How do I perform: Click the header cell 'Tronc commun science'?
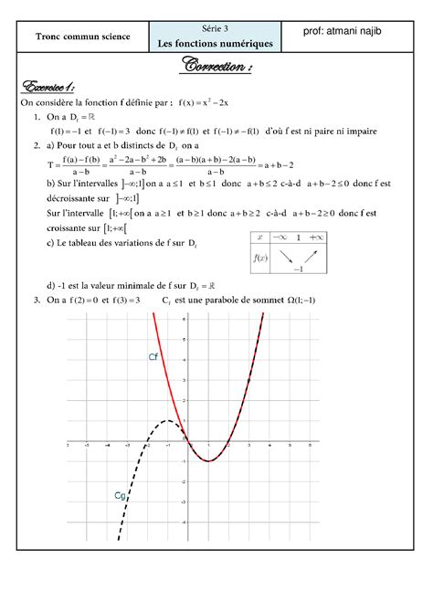(x=82, y=37)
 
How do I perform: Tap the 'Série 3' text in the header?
(x=216, y=29)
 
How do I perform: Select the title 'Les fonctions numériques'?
(x=216, y=43)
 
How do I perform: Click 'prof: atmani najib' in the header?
(x=350, y=34)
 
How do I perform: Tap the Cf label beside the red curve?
(x=153, y=357)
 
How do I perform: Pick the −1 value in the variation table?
(x=297, y=270)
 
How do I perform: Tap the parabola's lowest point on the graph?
(x=209, y=461)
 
